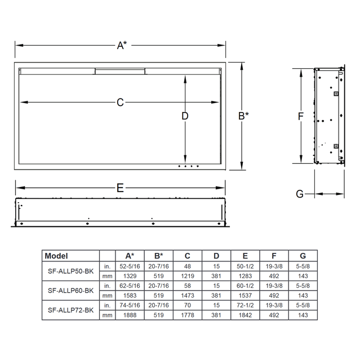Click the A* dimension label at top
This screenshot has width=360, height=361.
tap(121, 46)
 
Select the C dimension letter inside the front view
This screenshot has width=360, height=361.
tap(120, 102)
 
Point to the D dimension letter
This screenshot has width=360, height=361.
tap(185, 117)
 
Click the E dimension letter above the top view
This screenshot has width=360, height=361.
tap(120, 189)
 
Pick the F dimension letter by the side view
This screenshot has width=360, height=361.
tap(301, 117)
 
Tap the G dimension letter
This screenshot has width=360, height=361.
tap(299, 194)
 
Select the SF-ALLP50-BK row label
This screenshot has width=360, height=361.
tap(70, 270)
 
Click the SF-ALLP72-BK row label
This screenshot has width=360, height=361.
tap(70, 310)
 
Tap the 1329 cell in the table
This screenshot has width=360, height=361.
tap(129, 275)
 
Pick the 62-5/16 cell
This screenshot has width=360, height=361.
tap(129, 286)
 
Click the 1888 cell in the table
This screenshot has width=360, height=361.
tap(129, 315)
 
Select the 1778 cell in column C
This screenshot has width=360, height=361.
tap(188, 315)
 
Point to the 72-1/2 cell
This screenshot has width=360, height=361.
tap(245, 305)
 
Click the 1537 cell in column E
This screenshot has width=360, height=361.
tap(245, 295)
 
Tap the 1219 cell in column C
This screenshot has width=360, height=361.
tap(188, 275)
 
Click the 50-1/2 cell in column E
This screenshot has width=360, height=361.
tap(245, 266)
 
